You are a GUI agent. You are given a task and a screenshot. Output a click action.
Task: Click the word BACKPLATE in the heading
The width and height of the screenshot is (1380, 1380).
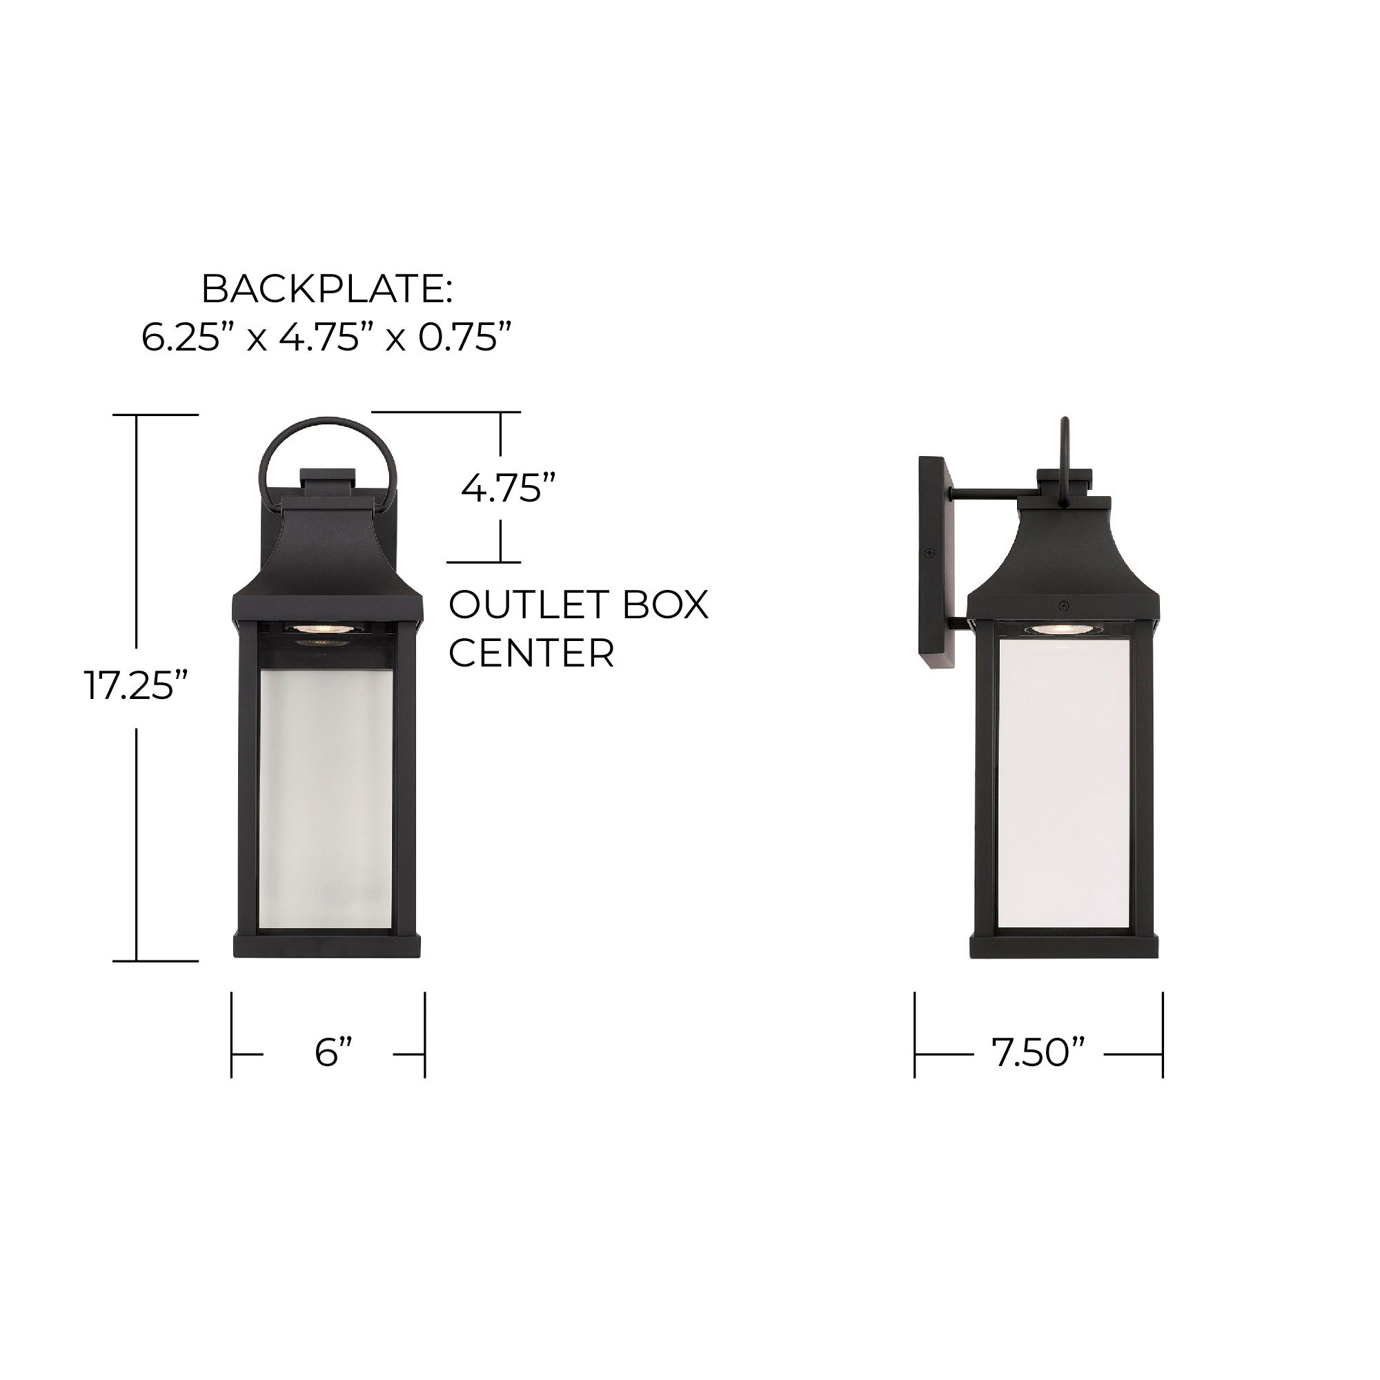[x=325, y=289]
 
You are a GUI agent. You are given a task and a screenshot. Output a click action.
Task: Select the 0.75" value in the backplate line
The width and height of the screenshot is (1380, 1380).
[x=465, y=337]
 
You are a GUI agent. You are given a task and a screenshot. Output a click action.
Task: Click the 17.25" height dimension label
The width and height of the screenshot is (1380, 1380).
[x=136, y=686]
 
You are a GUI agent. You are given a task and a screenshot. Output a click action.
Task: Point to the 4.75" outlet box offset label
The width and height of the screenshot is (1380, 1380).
[x=508, y=489]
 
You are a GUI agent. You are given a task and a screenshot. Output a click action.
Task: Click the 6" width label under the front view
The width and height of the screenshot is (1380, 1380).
[x=333, y=1053]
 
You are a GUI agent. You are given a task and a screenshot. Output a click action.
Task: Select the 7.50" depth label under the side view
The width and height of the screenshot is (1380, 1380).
[x=1038, y=1053]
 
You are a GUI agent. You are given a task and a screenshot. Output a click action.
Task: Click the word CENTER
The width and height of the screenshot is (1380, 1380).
[x=531, y=652]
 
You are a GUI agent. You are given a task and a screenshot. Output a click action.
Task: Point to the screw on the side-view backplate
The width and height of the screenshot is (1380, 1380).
[x=929, y=553]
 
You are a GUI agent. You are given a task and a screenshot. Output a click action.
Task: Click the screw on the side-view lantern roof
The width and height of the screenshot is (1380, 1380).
[x=1064, y=606]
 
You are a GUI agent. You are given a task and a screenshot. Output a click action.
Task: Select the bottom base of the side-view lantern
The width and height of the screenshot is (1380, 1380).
[x=1063, y=947]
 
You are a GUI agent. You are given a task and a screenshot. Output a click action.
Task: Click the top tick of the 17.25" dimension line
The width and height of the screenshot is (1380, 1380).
[x=156, y=414]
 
